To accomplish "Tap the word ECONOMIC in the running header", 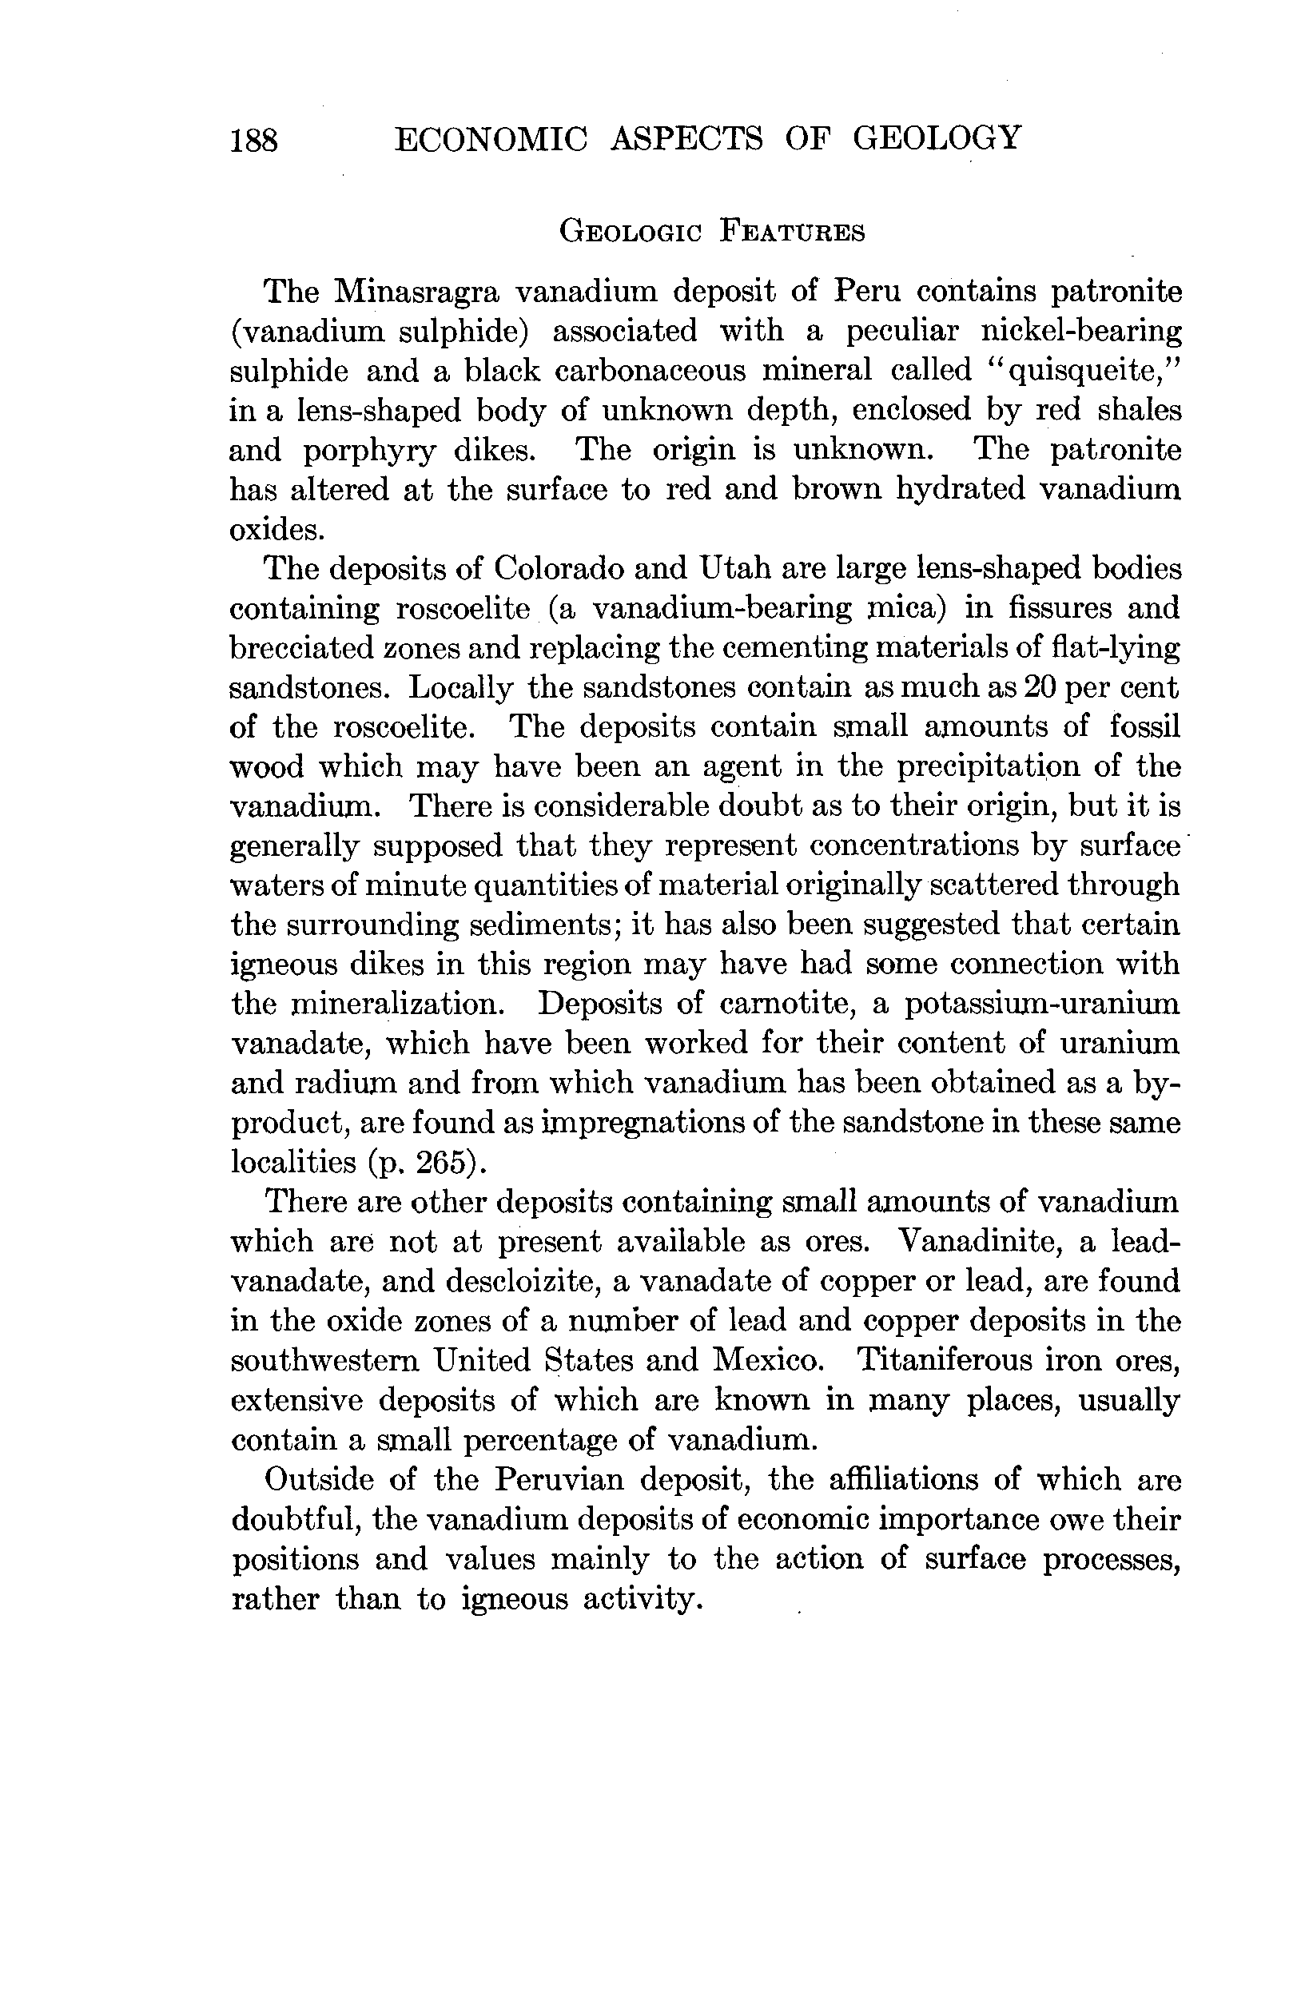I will (x=491, y=138).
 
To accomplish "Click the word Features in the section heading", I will (x=792, y=231).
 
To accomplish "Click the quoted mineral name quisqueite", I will (x=1084, y=370).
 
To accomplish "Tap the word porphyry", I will (x=369, y=452).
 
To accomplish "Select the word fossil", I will (x=1144, y=726).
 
